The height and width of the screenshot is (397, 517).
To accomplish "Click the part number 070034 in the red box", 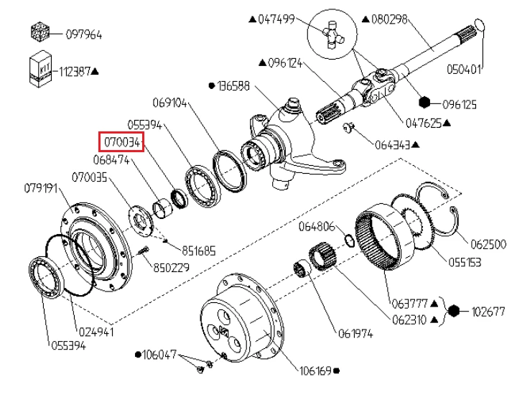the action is point(122,142).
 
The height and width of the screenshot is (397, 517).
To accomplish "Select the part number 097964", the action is point(84,34).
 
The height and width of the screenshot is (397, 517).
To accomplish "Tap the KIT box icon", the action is point(40,69).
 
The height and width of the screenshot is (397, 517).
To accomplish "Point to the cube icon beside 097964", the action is point(40,32).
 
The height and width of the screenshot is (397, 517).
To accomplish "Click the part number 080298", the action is point(389,19).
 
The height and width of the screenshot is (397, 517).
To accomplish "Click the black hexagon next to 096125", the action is point(424,103).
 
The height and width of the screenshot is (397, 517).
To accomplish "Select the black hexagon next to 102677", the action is point(454,311).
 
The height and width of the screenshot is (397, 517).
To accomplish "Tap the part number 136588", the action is point(233,86).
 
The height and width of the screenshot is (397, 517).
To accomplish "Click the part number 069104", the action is point(169,103).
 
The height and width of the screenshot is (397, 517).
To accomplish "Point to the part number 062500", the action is point(488,244).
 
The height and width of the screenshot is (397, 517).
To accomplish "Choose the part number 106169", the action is point(315,371).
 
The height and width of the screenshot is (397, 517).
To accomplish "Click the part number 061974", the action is point(355,334).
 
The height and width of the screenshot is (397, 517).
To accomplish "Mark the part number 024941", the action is point(96,332).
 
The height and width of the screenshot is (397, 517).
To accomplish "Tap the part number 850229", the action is point(172,267).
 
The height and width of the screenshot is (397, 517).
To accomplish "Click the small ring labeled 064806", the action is point(349,240).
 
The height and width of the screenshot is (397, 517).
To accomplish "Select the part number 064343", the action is point(392,145).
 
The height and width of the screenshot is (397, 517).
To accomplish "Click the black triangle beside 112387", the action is point(95,71).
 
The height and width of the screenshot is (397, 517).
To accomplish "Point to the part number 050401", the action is point(464,69).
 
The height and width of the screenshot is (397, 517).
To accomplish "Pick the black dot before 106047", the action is point(138,355).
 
